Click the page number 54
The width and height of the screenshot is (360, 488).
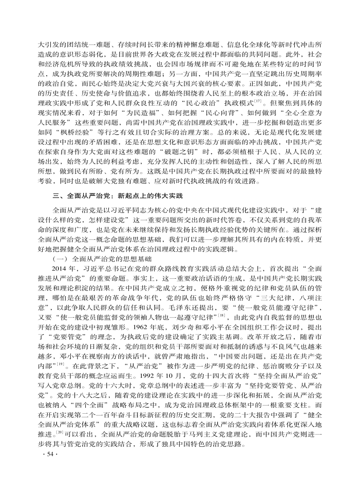tap(47, 467)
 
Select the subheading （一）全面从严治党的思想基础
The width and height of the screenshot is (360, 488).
tap(100, 259)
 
